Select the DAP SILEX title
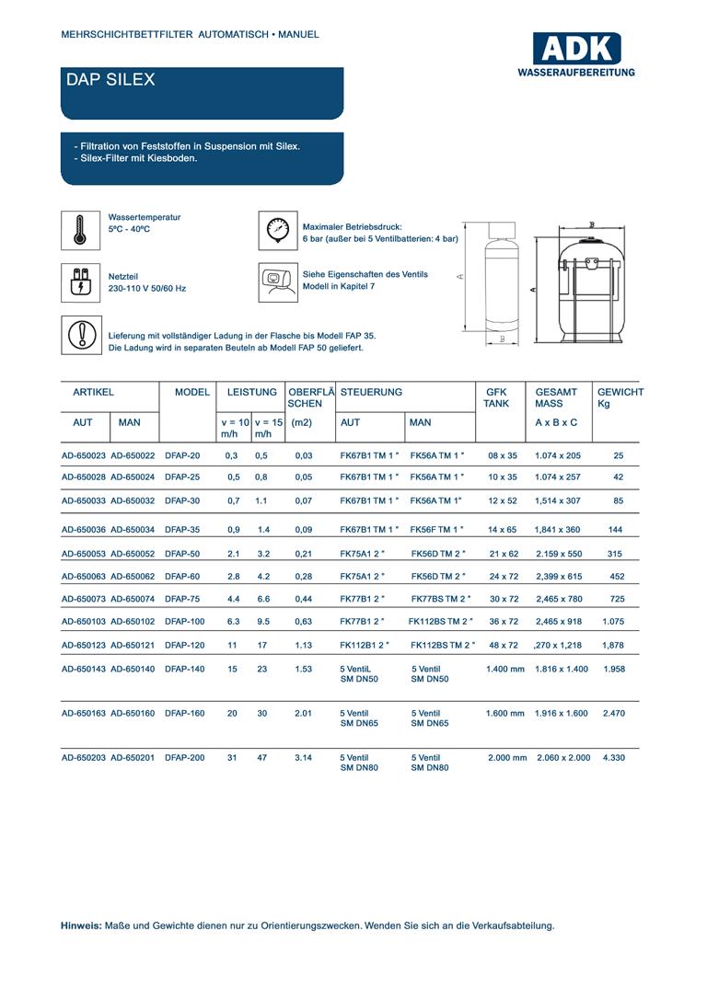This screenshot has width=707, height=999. [110, 80]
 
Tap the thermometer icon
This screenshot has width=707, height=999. [79, 229]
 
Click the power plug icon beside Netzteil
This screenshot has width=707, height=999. [79, 281]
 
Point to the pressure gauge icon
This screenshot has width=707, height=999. [277, 229]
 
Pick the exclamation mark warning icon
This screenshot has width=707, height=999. [79, 335]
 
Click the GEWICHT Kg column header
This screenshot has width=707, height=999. [620, 398]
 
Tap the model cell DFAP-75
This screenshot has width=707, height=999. [182, 599]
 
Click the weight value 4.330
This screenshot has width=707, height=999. [614, 758]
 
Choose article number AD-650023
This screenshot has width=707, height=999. [84, 455]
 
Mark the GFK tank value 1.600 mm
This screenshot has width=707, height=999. [504, 714]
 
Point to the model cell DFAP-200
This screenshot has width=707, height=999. [184, 758]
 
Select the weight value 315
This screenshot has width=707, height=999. [617, 555]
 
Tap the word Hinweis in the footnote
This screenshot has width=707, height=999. [81, 925]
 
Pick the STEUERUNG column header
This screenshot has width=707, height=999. [371, 393]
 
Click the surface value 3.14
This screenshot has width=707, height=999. [303, 758]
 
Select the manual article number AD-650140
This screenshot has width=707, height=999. [133, 669]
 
